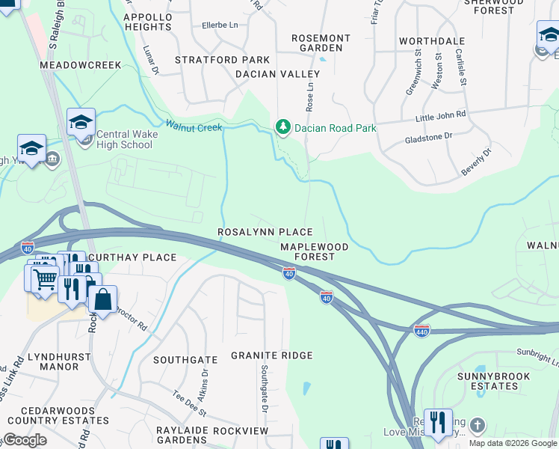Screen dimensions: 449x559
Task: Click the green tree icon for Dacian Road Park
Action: pyautogui.click(x=282, y=127)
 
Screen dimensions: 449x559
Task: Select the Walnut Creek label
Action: pyautogui.click(x=194, y=127)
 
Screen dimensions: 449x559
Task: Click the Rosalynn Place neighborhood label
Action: pyautogui.click(x=265, y=233)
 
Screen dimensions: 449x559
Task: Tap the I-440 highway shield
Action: pyautogui.click(x=422, y=330)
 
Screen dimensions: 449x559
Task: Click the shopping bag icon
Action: pyautogui.click(x=102, y=299)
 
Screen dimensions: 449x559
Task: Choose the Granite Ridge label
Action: pyautogui.click(x=271, y=355)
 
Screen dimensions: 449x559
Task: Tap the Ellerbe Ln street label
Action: pyautogui.click(x=220, y=25)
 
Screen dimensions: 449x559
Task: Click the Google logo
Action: pyautogui.click(x=25, y=440)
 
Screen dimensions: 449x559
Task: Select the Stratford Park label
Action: pyautogui.click(x=211, y=59)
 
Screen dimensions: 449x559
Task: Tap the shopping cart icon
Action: pyautogui.click(x=45, y=278)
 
